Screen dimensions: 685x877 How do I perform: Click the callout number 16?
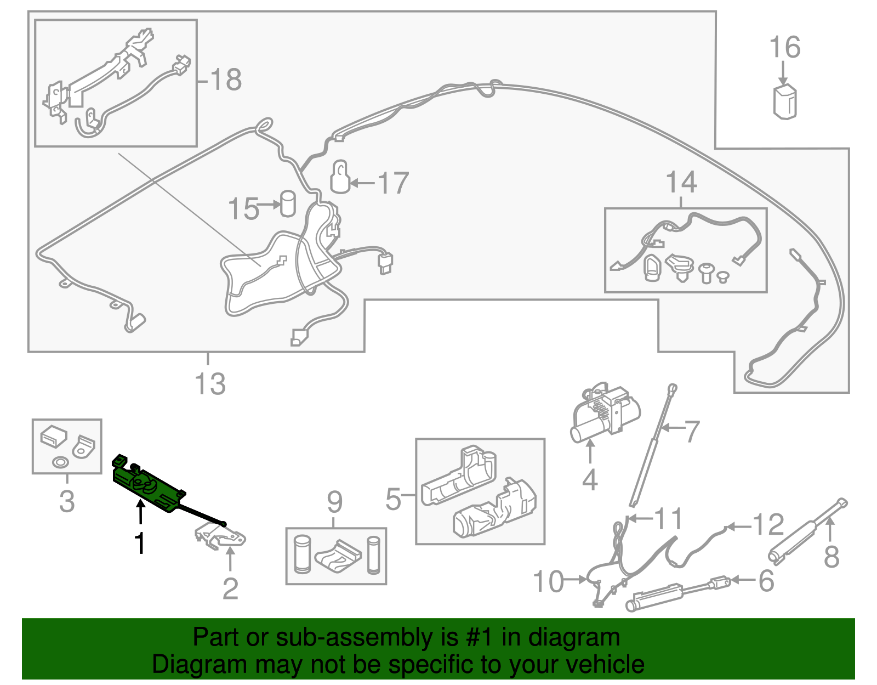click(785, 48)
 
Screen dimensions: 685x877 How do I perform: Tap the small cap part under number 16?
click(785, 101)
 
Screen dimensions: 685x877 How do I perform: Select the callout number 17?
click(393, 183)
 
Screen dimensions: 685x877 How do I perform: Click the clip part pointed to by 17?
click(340, 177)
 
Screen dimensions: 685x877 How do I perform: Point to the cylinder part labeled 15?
click(288, 203)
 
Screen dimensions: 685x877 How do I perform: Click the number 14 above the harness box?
click(681, 182)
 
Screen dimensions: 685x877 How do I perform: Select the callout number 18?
click(225, 80)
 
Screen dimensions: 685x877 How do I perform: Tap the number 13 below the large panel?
click(210, 384)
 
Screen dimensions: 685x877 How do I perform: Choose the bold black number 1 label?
click(140, 543)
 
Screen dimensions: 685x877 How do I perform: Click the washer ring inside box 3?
click(60, 462)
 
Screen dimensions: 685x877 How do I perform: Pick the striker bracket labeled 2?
click(222, 536)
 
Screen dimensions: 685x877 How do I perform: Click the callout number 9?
click(334, 502)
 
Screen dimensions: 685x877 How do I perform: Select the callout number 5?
click(393, 499)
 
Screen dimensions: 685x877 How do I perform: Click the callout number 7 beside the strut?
click(692, 432)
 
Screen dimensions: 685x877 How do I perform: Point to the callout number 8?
click(832, 557)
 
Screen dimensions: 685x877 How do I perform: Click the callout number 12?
click(768, 525)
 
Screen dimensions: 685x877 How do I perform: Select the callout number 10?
click(548, 581)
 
